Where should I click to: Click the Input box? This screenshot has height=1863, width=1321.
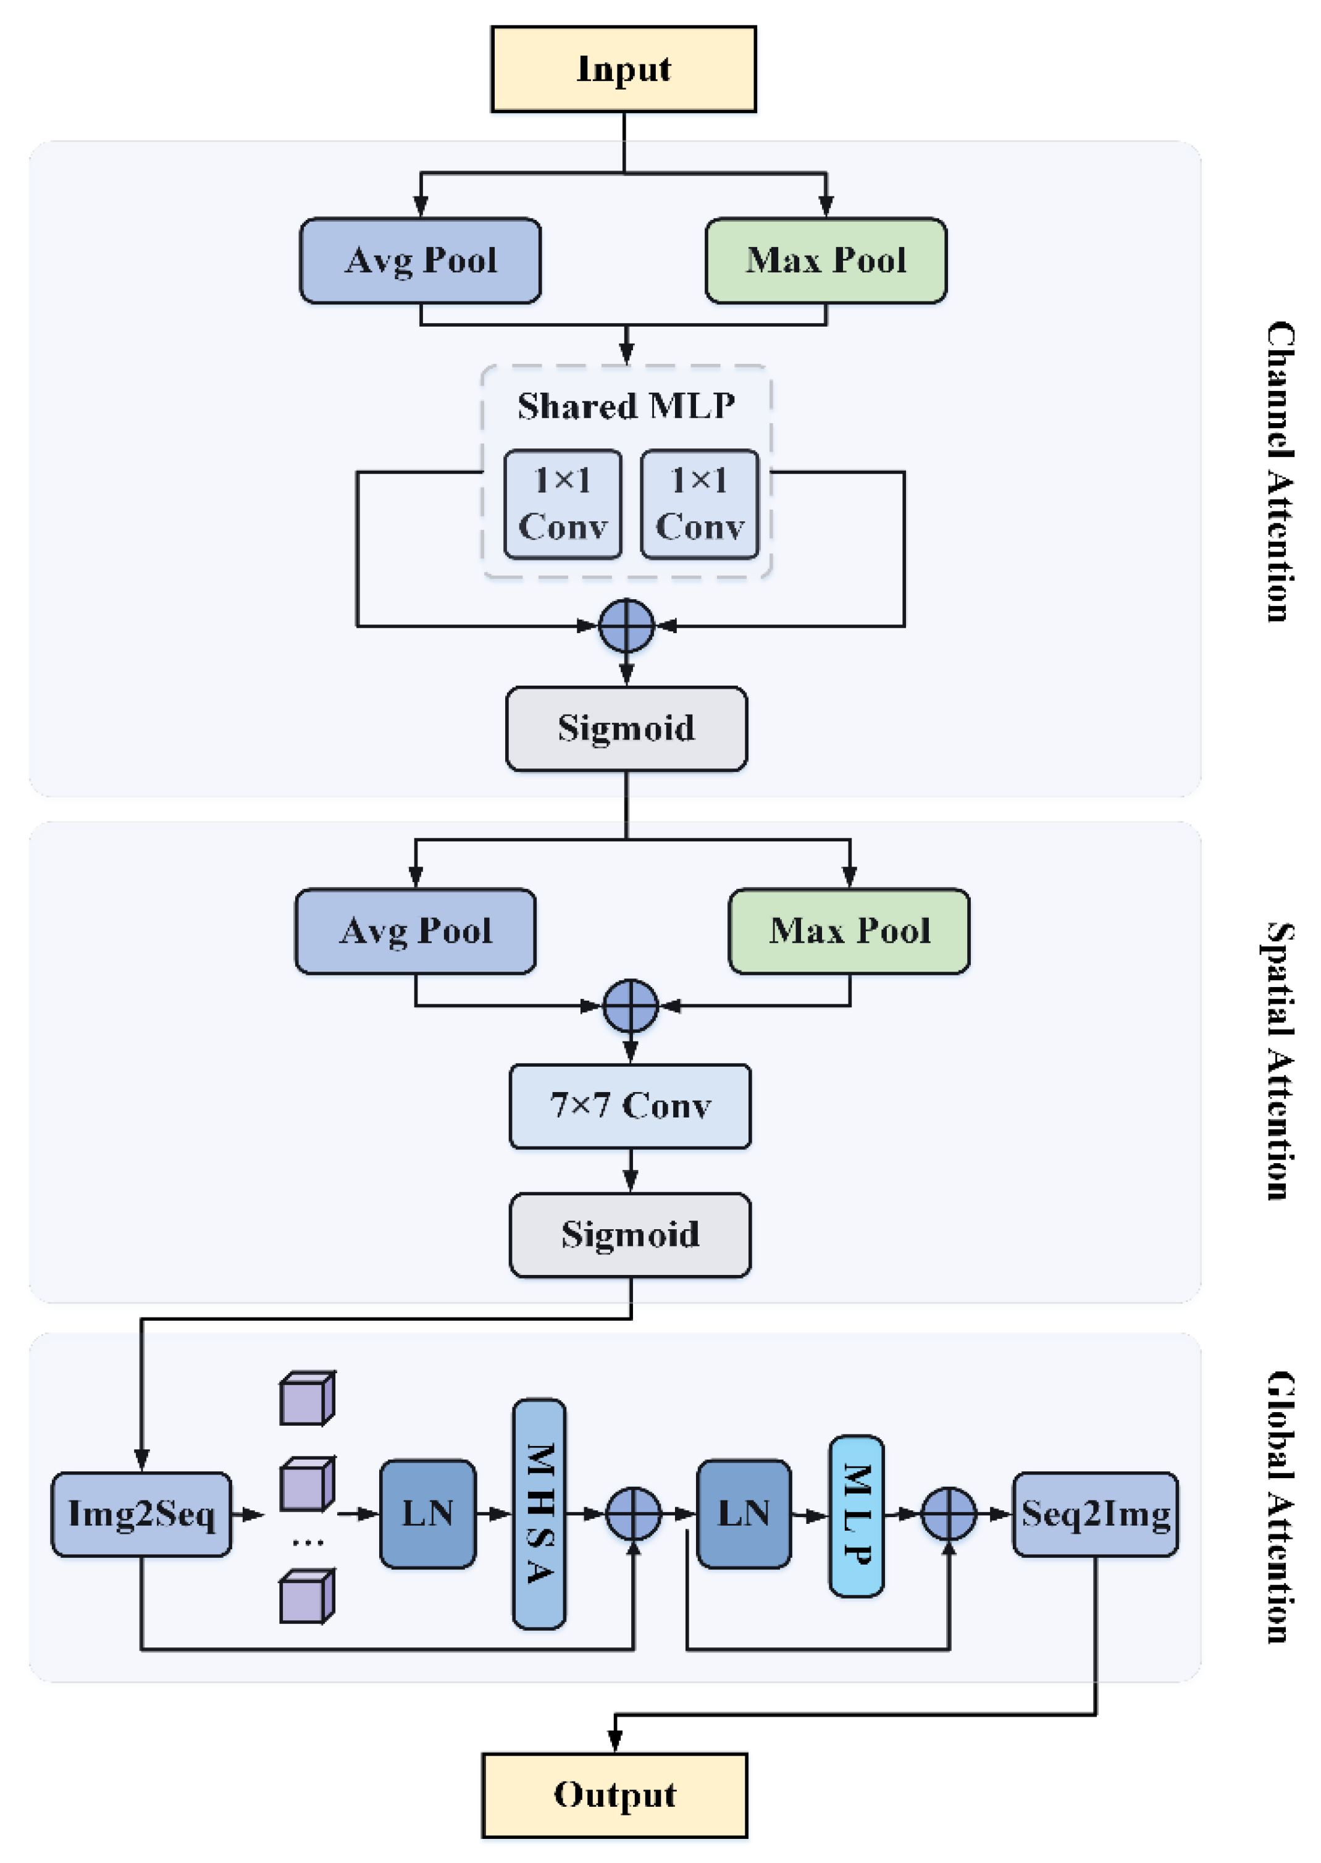623,69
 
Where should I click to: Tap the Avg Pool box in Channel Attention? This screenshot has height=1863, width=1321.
420,260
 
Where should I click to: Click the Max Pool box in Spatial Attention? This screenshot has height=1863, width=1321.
849,931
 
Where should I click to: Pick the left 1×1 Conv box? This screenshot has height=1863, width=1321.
562,505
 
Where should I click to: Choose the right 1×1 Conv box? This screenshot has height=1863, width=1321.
700,505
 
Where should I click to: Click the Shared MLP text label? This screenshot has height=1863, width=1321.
626,405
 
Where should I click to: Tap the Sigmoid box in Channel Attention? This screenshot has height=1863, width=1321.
626,728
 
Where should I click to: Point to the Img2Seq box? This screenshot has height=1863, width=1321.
141,1514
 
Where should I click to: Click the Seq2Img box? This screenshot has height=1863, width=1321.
1095,1514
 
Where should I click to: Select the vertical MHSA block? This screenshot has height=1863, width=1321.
539,1514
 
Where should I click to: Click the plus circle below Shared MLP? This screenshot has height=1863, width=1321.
626,626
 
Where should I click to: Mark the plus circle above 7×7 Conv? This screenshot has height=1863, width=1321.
631,1006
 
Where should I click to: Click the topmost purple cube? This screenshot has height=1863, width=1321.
307,1398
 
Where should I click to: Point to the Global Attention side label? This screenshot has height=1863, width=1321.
1280,1507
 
